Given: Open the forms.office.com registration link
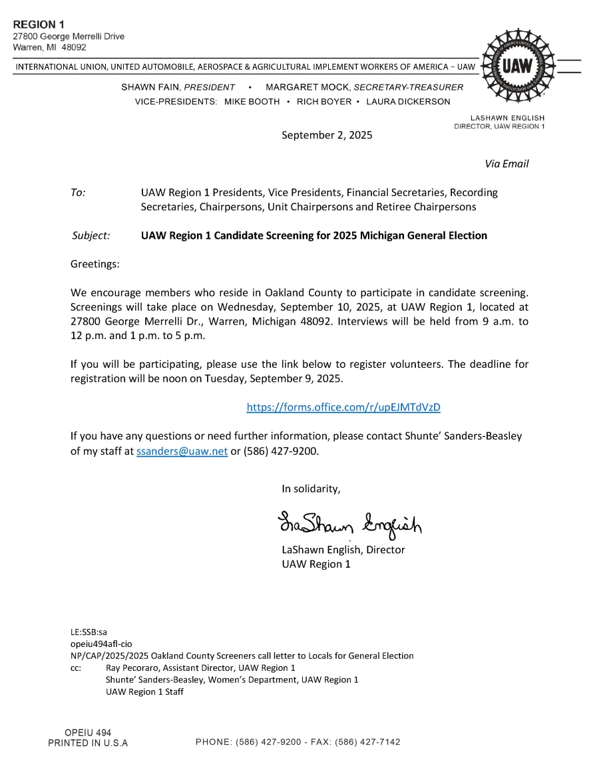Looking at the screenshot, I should point(343,407).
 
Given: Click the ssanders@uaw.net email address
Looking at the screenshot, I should point(182,451).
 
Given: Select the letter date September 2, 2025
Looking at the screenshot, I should point(327,135).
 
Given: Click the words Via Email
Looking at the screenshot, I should point(506,164).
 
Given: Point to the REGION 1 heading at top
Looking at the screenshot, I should point(39,25).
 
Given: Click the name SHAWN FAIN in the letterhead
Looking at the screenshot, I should point(151,87).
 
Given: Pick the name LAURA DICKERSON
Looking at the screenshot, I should point(408,102).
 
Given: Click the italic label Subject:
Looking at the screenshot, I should point(91,235).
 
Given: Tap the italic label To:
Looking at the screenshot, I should point(78,192).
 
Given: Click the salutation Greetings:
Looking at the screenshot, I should point(95,264).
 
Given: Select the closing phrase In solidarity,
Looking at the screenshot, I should point(311,489).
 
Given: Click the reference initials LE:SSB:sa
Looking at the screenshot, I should point(89,632).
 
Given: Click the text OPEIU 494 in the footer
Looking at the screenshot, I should point(88,733).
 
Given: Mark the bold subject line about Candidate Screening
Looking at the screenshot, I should point(313,235).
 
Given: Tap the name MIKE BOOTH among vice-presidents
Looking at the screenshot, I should point(252,102).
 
